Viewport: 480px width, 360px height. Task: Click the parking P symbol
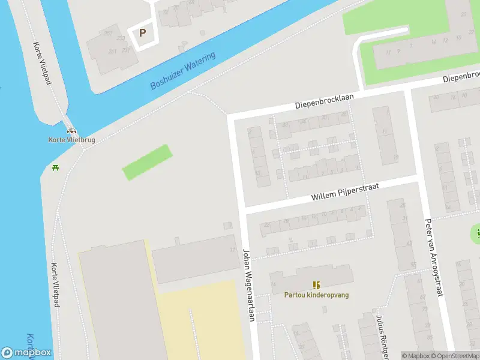pyautogui.click(x=143, y=33)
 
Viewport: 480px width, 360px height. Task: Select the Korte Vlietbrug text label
pyautogui.click(x=72, y=140)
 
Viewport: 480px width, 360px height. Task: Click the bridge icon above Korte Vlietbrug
pyautogui.click(x=72, y=131)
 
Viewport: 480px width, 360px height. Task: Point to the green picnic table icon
pyautogui.click(x=56, y=167)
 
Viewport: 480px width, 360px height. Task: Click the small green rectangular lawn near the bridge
pyautogui.click(x=147, y=162)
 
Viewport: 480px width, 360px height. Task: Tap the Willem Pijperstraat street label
pyautogui.click(x=345, y=192)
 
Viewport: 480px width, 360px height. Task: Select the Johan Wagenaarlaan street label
pyautogui.click(x=248, y=284)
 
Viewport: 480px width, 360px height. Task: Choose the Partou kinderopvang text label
pyautogui.click(x=316, y=295)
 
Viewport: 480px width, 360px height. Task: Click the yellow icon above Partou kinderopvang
pyautogui.click(x=316, y=284)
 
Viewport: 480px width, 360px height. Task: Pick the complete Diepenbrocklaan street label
pyautogui.click(x=325, y=100)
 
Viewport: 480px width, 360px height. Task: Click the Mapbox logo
pyautogui.click(x=26, y=353)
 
